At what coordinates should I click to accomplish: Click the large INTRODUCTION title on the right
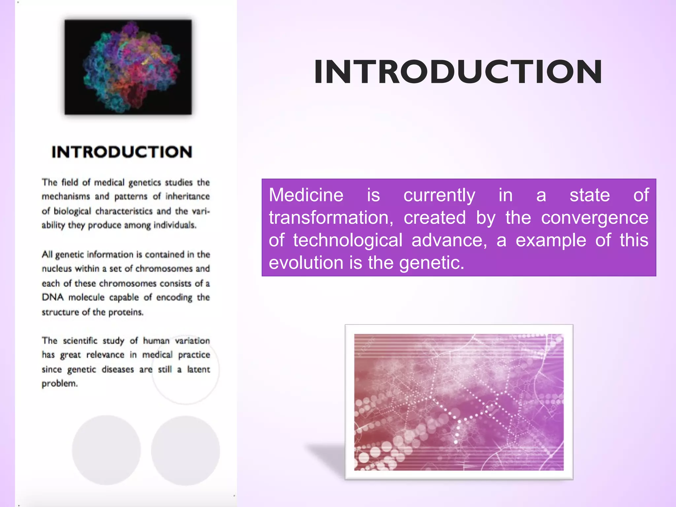[x=458, y=72]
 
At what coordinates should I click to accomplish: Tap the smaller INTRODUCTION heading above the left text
[x=122, y=152]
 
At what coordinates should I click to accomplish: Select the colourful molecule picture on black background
[x=128, y=67]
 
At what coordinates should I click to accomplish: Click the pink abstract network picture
[x=459, y=402]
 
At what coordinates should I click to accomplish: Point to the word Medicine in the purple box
[x=306, y=195]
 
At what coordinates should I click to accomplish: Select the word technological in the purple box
[x=348, y=240]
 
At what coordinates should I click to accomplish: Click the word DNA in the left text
[x=52, y=297]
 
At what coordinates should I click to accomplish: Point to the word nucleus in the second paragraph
[x=56, y=269]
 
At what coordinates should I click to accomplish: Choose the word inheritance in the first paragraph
[x=187, y=196]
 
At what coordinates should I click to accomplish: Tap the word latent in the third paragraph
[x=198, y=369]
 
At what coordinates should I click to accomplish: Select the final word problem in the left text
[x=59, y=384]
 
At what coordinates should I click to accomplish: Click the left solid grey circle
[x=106, y=450]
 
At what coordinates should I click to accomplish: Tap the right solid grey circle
[x=186, y=450]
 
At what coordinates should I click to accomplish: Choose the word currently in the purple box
[x=439, y=195]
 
